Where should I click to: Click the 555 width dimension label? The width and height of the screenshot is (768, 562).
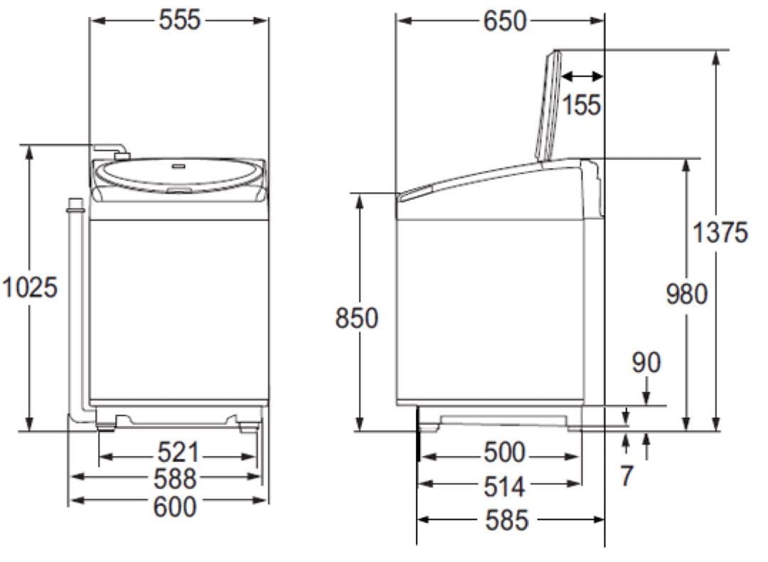(x=180, y=20)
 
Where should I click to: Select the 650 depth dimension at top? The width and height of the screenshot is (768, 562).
(x=505, y=21)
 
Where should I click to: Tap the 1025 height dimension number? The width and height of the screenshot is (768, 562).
(x=31, y=287)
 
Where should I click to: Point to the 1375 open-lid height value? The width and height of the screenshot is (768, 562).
(x=720, y=232)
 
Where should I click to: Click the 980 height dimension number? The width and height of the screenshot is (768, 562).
(x=687, y=295)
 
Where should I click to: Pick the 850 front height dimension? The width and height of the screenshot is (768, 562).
(x=356, y=317)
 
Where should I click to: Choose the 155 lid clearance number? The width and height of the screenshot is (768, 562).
(x=582, y=105)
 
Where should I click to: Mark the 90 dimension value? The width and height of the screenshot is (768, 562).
(x=646, y=363)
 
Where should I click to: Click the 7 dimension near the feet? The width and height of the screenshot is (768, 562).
(x=627, y=475)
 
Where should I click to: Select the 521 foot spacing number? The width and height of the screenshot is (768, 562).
(x=178, y=452)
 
